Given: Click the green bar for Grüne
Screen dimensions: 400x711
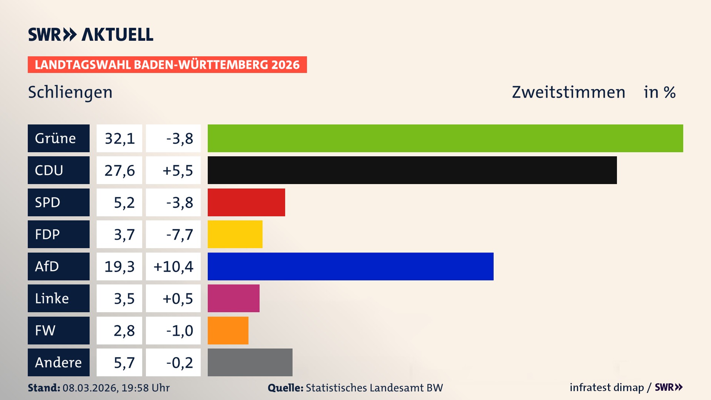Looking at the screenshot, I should point(445,138).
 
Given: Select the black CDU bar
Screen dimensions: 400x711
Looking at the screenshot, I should point(412,170).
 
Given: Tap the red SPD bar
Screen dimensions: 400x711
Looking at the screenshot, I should point(246,202).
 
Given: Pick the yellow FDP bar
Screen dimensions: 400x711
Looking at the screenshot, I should point(235,234).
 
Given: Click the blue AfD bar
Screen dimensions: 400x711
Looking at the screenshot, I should point(350,266).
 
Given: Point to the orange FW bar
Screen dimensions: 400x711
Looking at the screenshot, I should point(228,330).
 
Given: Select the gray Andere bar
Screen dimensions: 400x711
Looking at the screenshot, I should point(250,362).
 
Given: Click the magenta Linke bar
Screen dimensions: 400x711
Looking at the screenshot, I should point(233,299).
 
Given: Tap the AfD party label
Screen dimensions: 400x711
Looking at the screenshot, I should point(59,266).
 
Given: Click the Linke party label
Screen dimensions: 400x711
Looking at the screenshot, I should point(59,299).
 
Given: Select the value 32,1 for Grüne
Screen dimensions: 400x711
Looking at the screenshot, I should point(119,139).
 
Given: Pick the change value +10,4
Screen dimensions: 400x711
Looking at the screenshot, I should point(173,267).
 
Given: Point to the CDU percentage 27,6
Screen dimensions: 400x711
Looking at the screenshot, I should point(119,170).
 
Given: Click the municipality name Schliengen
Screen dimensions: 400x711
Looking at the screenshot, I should point(70,92).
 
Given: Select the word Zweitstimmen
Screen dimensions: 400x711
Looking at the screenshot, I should point(568,92).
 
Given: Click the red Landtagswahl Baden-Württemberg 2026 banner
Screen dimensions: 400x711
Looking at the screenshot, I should point(167,65).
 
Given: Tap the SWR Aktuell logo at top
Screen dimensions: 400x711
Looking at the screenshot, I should point(91,34).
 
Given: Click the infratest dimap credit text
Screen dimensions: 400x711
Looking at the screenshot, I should point(607,387).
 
